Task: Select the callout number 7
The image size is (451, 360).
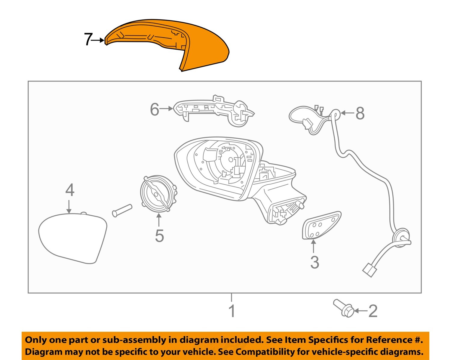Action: click(x=88, y=39)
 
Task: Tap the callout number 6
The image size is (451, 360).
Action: click(x=155, y=109)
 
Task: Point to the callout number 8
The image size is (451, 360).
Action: click(x=360, y=113)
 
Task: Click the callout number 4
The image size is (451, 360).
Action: click(x=70, y=190)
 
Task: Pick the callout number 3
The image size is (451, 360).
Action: click(x=314, y=262)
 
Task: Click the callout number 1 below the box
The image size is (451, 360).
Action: click(x=232, y=311)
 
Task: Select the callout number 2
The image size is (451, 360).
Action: click(x=373, y=311)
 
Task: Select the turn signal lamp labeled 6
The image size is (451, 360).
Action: click(x=213, y=110)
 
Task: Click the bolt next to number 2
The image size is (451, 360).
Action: click(x=344, y=309)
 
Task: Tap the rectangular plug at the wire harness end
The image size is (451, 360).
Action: click(x=369, y=270)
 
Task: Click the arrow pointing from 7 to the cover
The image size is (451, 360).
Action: click(x=98, y=40)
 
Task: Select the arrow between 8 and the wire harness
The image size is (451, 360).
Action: click(x=348, y=113)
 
